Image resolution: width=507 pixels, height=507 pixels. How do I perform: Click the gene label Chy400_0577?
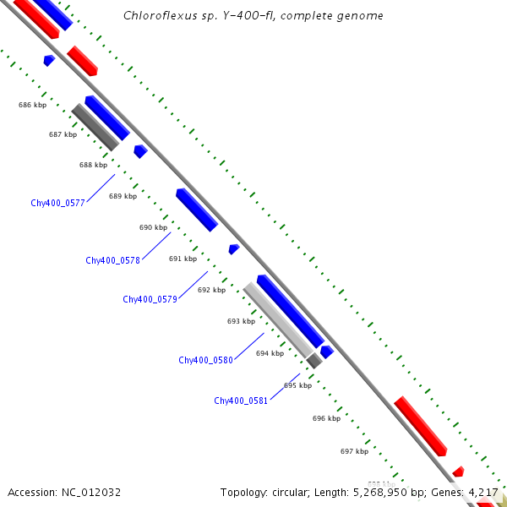coord(57,203)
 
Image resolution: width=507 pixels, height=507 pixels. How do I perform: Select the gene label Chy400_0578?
coord(112,260)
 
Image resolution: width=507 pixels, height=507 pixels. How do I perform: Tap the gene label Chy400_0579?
coord(150,299)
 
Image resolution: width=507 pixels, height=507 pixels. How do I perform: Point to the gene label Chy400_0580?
coord(205,360)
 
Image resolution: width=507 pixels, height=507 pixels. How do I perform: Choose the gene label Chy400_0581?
coord(241,401)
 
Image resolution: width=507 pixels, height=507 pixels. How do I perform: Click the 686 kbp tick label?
coord(32,105)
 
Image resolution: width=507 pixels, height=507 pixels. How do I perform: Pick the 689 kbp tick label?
coord(123,196)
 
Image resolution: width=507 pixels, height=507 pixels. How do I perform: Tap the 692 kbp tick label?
coord(211,290)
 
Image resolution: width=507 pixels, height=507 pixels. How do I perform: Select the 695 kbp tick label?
coord(297,385)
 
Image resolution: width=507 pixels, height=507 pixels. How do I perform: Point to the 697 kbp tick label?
coord(354,451)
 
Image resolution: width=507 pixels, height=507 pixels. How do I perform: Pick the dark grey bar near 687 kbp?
coord(95,127)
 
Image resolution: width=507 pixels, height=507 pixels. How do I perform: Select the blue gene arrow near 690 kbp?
coord(197,210)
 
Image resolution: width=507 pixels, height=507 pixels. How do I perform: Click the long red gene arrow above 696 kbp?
coord(420,426)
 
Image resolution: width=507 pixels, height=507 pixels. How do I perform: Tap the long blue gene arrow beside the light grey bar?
coord(290,310)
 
